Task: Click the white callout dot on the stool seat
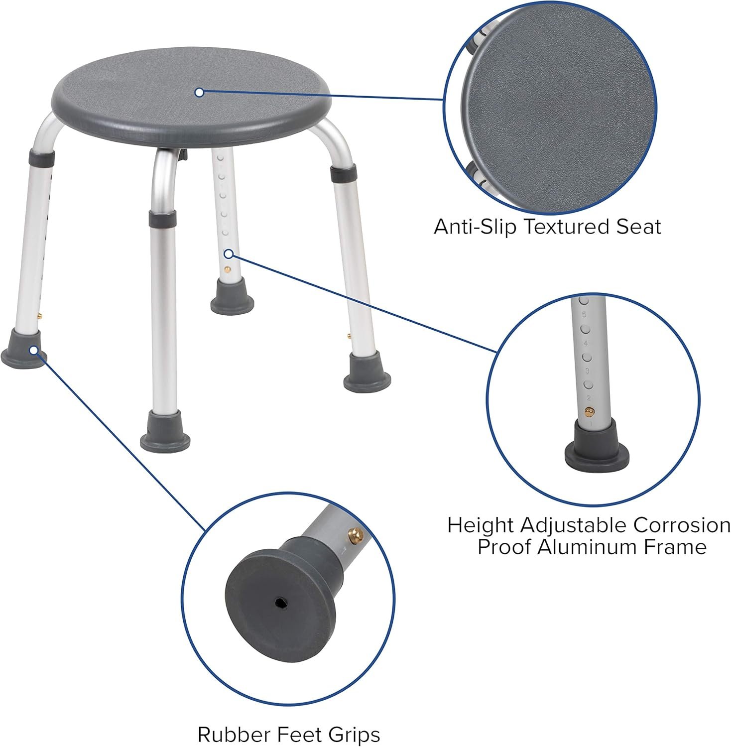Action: coord(199,92)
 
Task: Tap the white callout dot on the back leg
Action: coord(229,254)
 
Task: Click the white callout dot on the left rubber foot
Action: coord(33,350)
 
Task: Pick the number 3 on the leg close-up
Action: coord(587,371)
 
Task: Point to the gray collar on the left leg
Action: coord(41,159)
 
